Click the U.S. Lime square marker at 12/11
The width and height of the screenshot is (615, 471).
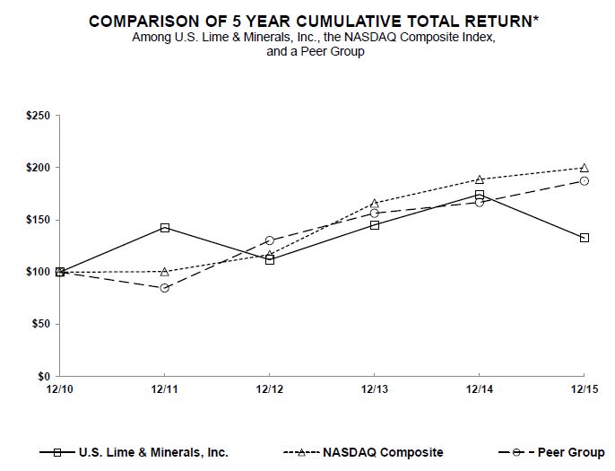(165, 228)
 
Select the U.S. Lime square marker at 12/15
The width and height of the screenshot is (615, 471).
(585, 238)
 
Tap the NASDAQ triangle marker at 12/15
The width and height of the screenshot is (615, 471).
(585, 168)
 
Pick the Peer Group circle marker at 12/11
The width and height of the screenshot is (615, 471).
(165, 288)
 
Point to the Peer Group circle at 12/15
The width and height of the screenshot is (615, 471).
(585, 181)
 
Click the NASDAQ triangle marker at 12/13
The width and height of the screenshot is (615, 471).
(375, 203)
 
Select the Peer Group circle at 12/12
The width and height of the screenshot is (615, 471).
(270, 240)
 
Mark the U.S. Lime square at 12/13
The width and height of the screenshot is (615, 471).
(375, 225)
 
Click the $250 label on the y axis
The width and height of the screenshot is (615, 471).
(39, 116)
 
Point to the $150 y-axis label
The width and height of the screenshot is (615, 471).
(39, 220)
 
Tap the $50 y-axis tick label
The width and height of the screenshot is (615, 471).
(42, 324)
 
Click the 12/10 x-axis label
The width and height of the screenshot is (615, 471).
(59, 390)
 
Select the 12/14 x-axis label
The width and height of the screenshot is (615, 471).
(480, 390)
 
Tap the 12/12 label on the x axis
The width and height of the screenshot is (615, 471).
(270, 390)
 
